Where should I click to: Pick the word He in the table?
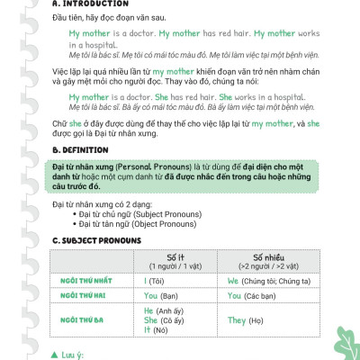coord(149,310)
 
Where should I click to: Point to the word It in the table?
coord(148,330)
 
